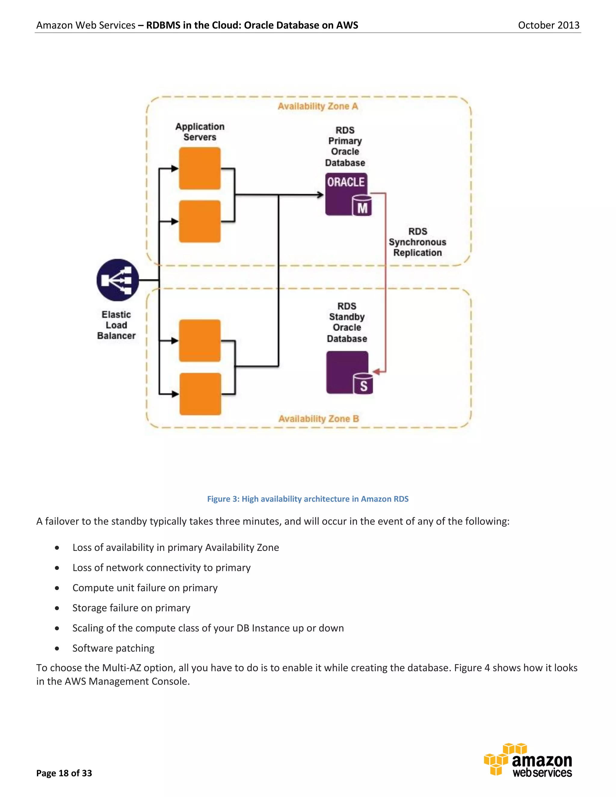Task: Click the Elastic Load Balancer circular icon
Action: pyautogui.click(x=118, y=280)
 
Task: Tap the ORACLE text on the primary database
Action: pyautogui.click(x=346, y=182)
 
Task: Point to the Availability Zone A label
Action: pyautogui.click(x=318, y=106)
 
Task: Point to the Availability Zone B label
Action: pyautogui.click(x=319, y=419)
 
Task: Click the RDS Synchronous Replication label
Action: pyautogui.click(x=417, y=242)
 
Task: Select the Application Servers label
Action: pyautogui.click(x=200, y=132)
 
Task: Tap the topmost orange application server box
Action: pyautogui.click(x=200, y=168)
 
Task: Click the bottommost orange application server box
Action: pyautogui.click(x=200, y=394)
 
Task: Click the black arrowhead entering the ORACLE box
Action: pyautogui.click(x=320, y=195)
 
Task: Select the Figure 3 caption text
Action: pyautogui.click(x=308, y=499)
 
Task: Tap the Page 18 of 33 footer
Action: pyautogui.click(x=64, y=773)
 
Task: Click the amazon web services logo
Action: pyautogui.click(x=528, y=761)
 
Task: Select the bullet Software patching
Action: pyautogui.click(x=113, y=648)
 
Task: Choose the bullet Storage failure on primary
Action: pyautogui.click(x=131, y=608)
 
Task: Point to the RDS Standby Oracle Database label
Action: pyautogui.click(x=347, y=322)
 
